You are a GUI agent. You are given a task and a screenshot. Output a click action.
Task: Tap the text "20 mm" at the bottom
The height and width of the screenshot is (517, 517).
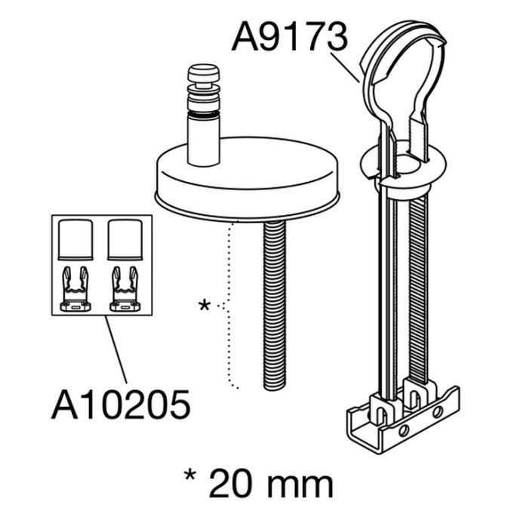270,483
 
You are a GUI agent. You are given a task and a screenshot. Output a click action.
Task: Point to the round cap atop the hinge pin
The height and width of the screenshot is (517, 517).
203,74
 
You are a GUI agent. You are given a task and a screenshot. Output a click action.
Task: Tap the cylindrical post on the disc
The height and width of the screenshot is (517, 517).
203,140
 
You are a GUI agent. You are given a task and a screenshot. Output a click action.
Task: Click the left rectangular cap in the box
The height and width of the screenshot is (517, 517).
75,239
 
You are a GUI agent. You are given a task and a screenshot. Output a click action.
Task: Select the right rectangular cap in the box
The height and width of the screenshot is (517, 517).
125,239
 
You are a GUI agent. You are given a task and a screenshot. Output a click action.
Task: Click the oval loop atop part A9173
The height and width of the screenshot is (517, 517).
404,72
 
